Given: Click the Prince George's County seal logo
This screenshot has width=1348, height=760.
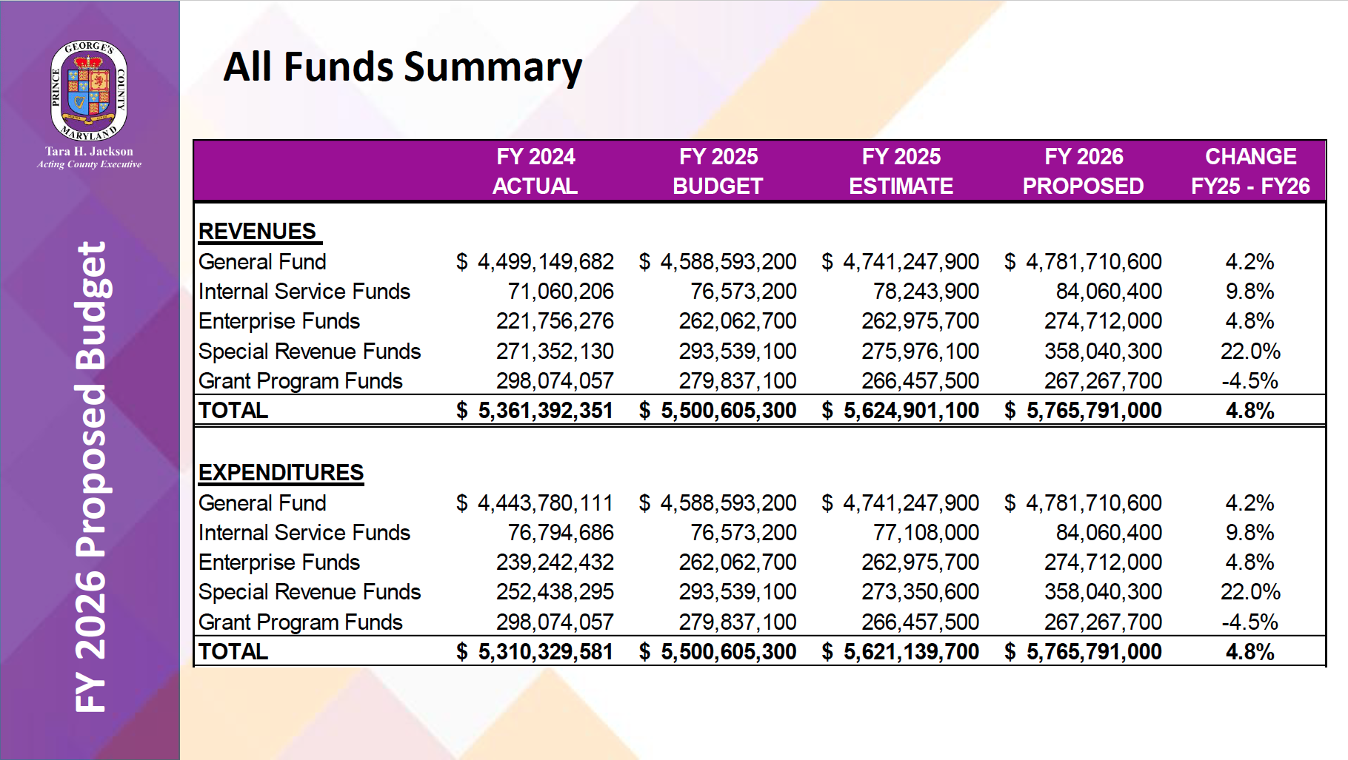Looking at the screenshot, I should (x=89, y=90).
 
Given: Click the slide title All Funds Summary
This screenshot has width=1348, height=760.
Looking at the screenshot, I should (x=402, y=67).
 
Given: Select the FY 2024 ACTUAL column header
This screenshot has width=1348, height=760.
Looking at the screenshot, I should (x=535, y=171).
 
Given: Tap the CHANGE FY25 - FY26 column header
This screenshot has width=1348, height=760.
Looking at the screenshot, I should (x=1250, y=171).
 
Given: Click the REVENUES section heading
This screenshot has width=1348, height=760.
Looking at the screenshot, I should (x=258, y=232).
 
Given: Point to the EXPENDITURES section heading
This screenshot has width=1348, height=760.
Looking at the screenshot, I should (x=281, y=473).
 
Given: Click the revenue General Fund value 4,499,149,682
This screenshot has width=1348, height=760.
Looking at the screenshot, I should (x=545, y=262).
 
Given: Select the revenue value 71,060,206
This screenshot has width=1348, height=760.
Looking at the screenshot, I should (x=561, y=292).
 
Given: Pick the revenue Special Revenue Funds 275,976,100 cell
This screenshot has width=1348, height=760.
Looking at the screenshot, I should (x=920, y=352).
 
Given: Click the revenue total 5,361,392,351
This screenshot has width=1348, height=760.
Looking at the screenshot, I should (x=545, y=411).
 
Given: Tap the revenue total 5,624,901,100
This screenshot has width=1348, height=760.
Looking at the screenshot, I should (x=911, y=411).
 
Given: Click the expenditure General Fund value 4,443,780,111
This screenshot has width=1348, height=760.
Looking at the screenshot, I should (x=545, y=503).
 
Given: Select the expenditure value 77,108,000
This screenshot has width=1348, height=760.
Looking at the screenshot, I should (x=926, y=533).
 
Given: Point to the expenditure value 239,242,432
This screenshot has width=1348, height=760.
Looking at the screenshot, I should (x=555, y=562).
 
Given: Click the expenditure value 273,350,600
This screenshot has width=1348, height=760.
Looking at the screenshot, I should (x=920, y=592).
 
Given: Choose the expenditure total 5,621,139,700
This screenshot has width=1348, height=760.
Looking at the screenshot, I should (x=911, y=652).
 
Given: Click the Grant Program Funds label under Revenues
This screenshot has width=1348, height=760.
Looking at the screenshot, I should (x=301, y=381).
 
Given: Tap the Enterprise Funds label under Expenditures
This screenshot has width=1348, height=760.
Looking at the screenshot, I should (x=279, y=562).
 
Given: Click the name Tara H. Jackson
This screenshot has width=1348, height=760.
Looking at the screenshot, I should (x=89, y=152).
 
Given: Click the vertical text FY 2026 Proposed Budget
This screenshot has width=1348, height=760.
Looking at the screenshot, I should (x=92, y=477).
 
